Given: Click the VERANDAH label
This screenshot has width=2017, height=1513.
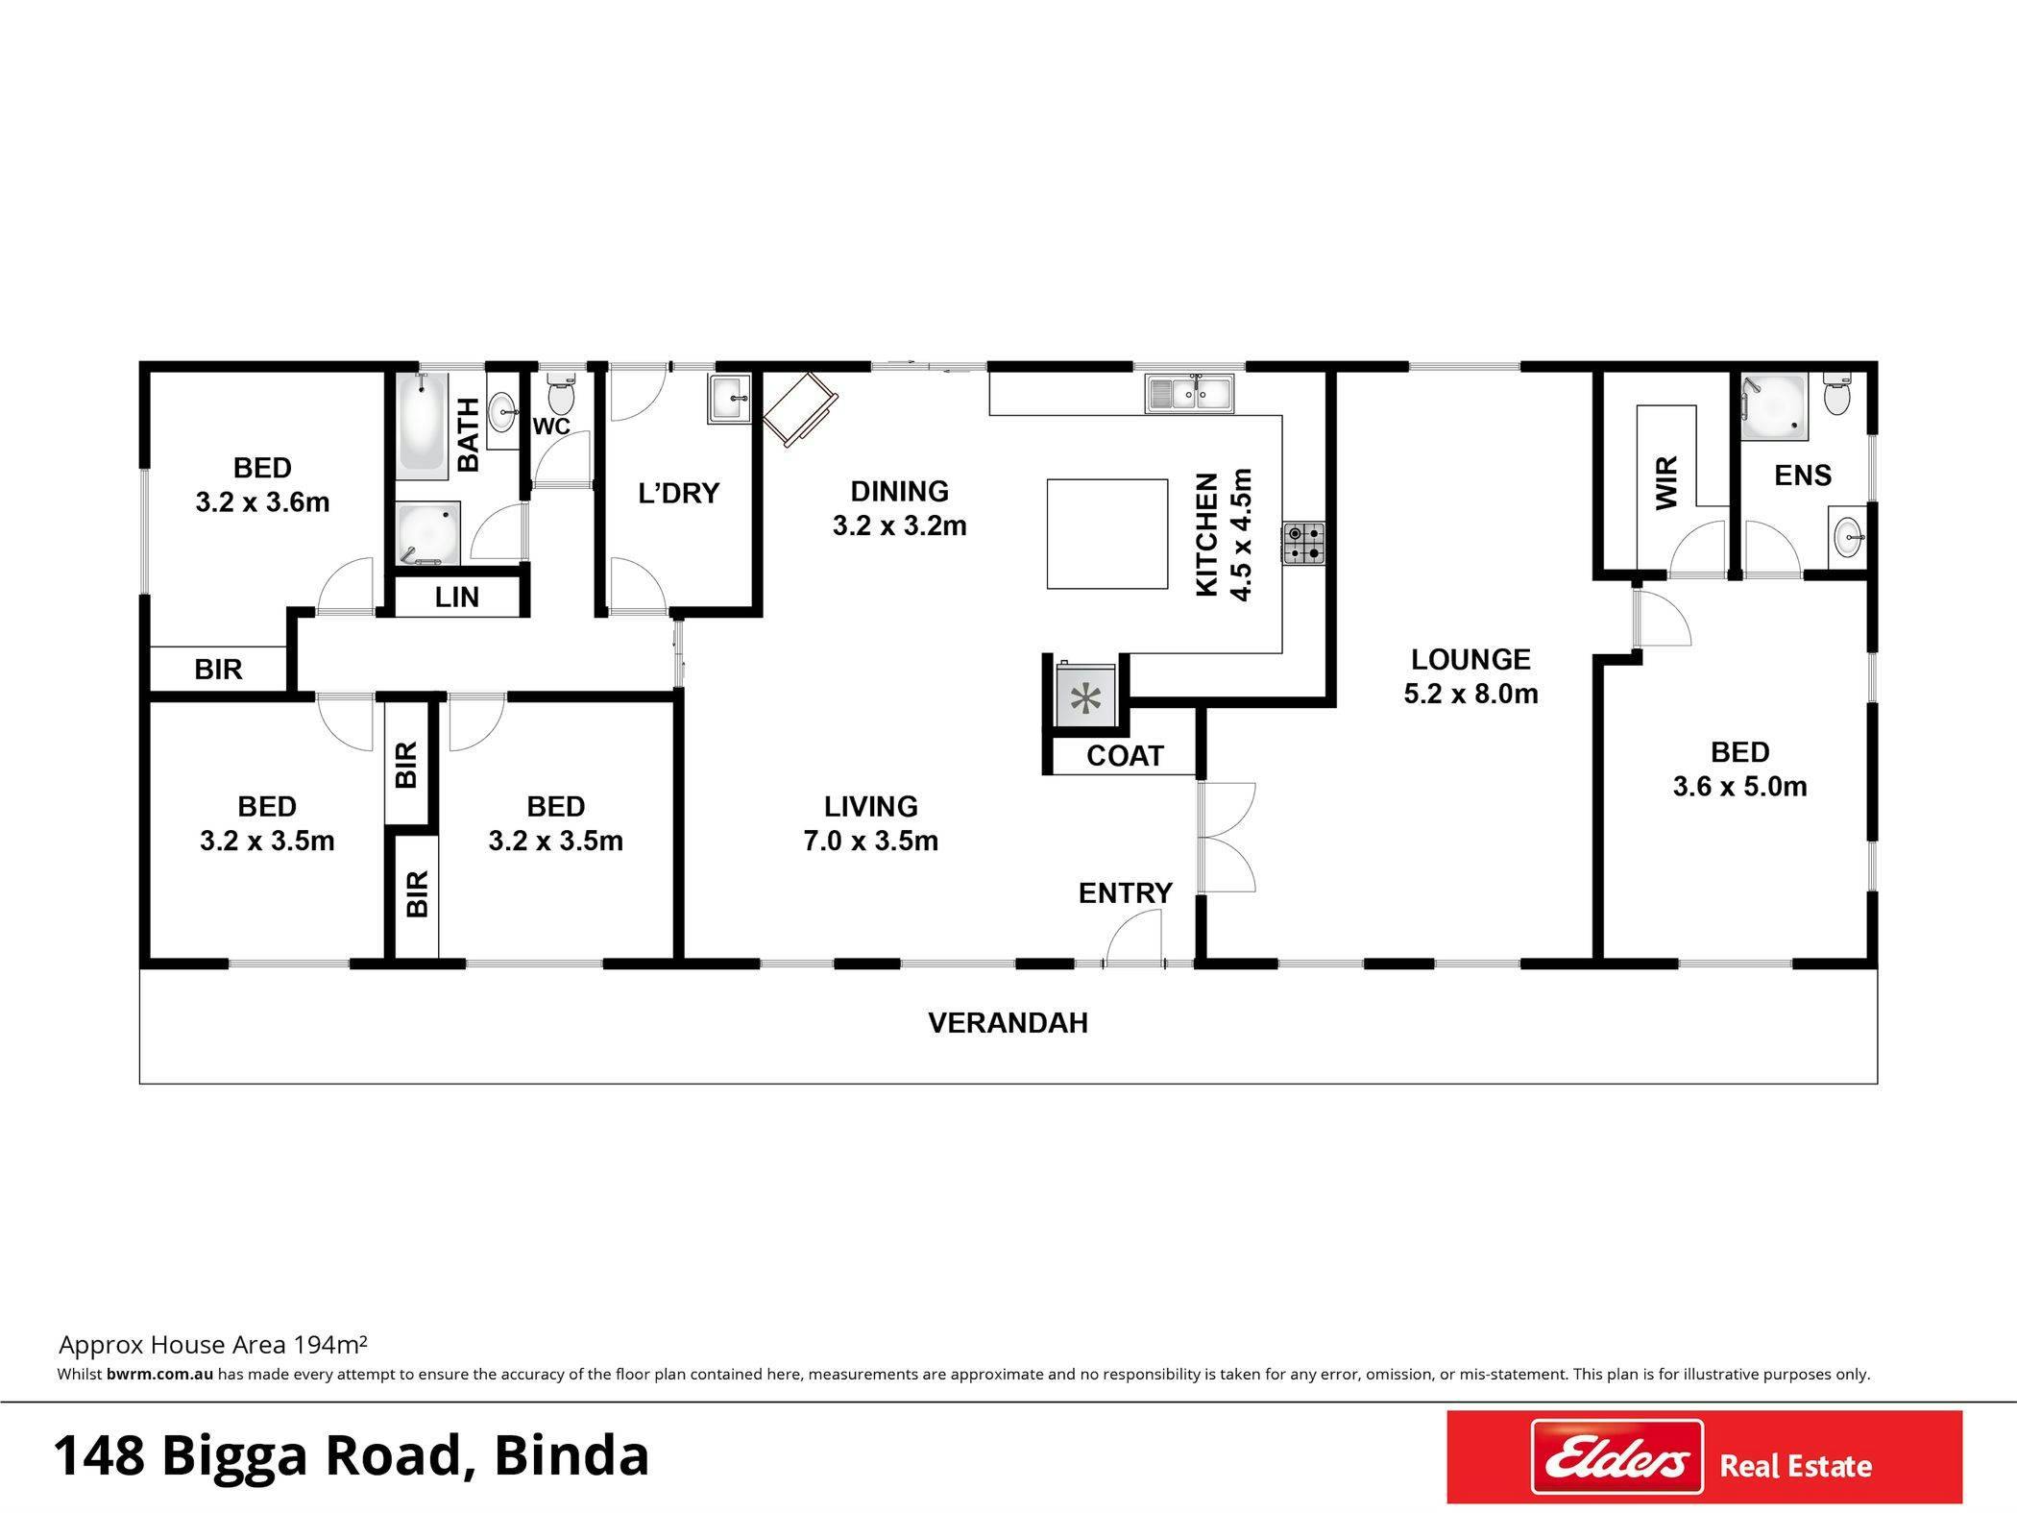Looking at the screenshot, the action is click(x=1008, y=1022).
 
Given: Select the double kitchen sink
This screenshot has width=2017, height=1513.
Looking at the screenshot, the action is click(x=1189, y=393).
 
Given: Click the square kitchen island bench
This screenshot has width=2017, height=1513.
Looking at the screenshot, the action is click(x=1106, y=533).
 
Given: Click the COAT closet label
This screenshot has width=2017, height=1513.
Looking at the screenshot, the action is click(x=1125, y=756).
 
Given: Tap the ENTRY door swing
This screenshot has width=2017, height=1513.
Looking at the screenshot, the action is click(x=1133, y=937).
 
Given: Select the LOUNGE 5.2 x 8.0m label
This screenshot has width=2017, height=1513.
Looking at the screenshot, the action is click(x=1470, y=675).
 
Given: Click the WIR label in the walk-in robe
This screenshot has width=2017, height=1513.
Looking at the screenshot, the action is click(x=1666, y=482).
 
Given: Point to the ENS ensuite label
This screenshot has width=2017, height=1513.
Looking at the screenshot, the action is click(x=1803, y=476).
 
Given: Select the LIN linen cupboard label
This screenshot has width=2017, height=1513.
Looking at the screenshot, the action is click(x=456, y=597).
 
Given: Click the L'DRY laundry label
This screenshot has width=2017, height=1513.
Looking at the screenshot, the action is click(x=678, y=493).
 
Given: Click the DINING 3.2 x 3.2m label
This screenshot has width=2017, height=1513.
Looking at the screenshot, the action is click(x=899, y=508).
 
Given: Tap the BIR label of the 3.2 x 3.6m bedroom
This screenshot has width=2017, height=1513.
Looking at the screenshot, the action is click(x=218, y=670).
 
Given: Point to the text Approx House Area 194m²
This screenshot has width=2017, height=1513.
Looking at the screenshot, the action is click(x=213, y=1344).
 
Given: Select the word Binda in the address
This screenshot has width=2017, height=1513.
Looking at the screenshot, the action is click(x=571, y=1454).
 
